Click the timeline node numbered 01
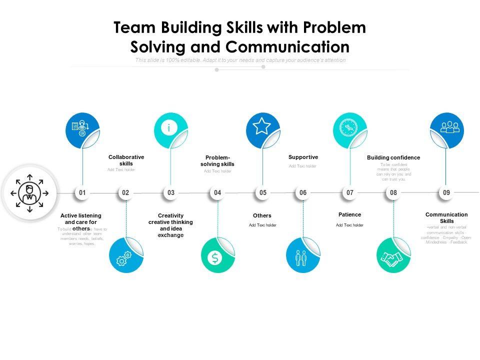coord(82,192)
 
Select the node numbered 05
coord(262,192)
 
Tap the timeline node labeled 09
coord(446,192)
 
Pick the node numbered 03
coord(171,192)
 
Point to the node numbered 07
coord(350,192)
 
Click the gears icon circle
coord(125,256)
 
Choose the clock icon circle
coord(349,128)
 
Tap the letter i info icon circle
coord(170,128)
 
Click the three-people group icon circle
coord(446,128)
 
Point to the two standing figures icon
coord(302,256)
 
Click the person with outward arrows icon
coord(29,192)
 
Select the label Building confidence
coord(393,158)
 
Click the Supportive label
coord(303,157)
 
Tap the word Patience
coord(349,214)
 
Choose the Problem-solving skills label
coord(217,160)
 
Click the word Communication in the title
coord(287,46)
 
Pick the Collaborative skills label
coord(126,160)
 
